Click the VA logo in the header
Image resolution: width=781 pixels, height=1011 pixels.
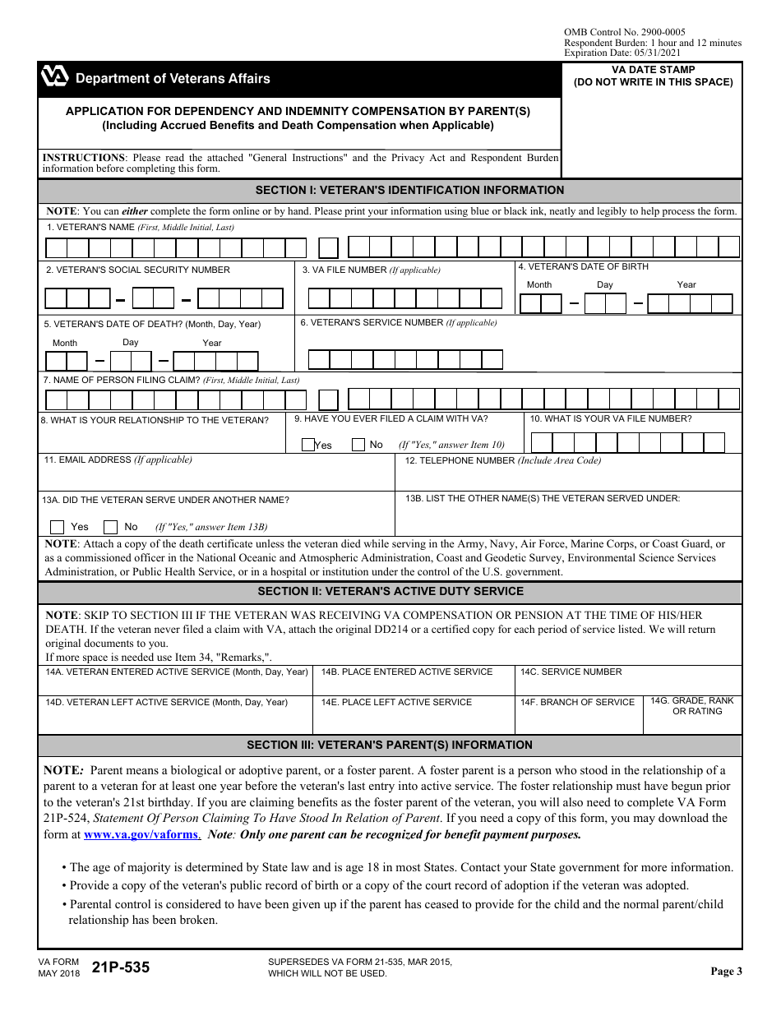click(x=55, y=77)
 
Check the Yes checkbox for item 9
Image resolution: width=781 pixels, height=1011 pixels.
click(x=308, y=445)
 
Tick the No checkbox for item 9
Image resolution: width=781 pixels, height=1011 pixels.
click(x=358, y=445)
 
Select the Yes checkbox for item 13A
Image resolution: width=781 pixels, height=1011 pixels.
click(x=58, y=527)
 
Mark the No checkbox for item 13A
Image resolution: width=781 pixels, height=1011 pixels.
click(x=110, y=527)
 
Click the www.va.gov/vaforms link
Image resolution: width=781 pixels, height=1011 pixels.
click(x=141, y=834)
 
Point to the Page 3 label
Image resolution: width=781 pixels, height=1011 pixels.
click(x=726, y=971)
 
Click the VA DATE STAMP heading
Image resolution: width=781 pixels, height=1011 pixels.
click(x=653, y=70)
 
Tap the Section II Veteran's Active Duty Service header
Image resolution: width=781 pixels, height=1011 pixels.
click(x=390, y=591)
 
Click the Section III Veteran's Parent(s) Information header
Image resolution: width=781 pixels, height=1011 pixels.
click(x=390, y=745)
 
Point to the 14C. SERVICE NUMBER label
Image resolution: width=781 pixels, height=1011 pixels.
click(x=571, y=672)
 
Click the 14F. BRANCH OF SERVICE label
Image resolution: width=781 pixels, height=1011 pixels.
click(x=577, y=702)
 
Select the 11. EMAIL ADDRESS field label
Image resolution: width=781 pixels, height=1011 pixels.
click(x=118, y=460)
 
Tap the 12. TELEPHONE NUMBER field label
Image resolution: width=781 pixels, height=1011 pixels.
click(x=502, y=460)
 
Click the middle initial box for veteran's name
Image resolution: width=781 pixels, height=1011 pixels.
click(x=328, y=247)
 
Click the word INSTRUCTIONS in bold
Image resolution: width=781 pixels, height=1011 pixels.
click(x=84, y=158)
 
